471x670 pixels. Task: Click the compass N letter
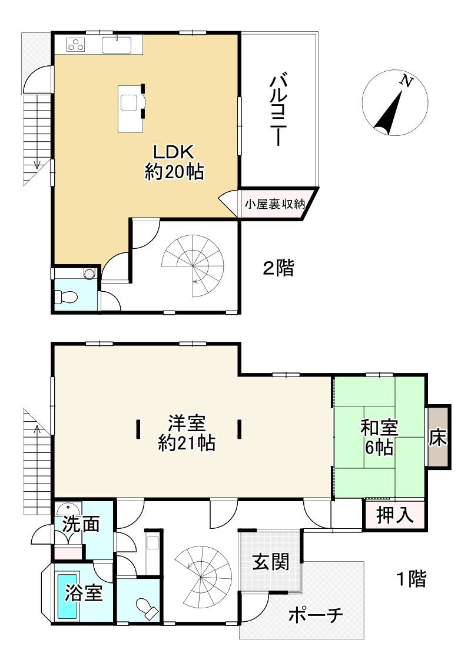pyautogui.click(x=407, y=81)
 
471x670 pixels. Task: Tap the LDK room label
pyautogui.click(x=174, y=152)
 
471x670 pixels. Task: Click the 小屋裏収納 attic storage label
pyautogui.click(x=274, y=204)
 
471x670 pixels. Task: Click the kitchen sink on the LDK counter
pyautogui.click(x=117, y=45)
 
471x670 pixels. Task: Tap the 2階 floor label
pyautogui.click(x=278, y=268)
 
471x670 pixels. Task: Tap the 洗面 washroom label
pyautogui.click(x=81, y=524)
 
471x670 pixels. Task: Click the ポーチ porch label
pyautogui.click(x=316, y=615)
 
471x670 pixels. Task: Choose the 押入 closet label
pyautogui.click(x=395, y=515)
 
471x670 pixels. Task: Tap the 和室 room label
pyautogui.click(x=379, y=427)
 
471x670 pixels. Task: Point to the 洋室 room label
pyautogui.click(x=187, y=424)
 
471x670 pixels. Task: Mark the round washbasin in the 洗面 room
pyautogui.click(x=68, y=509)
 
